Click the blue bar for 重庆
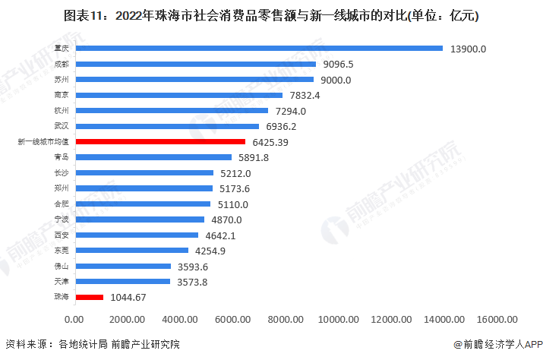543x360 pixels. [258, 49]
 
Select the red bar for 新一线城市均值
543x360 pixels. [159, 142]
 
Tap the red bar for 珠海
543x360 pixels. [89, 298]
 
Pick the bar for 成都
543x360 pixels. [194, 64]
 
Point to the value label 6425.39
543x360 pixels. [270, 142]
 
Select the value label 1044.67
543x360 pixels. [128, 298]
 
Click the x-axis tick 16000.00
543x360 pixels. [497, 320]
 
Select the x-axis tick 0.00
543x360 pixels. [74, 320]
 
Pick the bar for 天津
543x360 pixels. [122, 282]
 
